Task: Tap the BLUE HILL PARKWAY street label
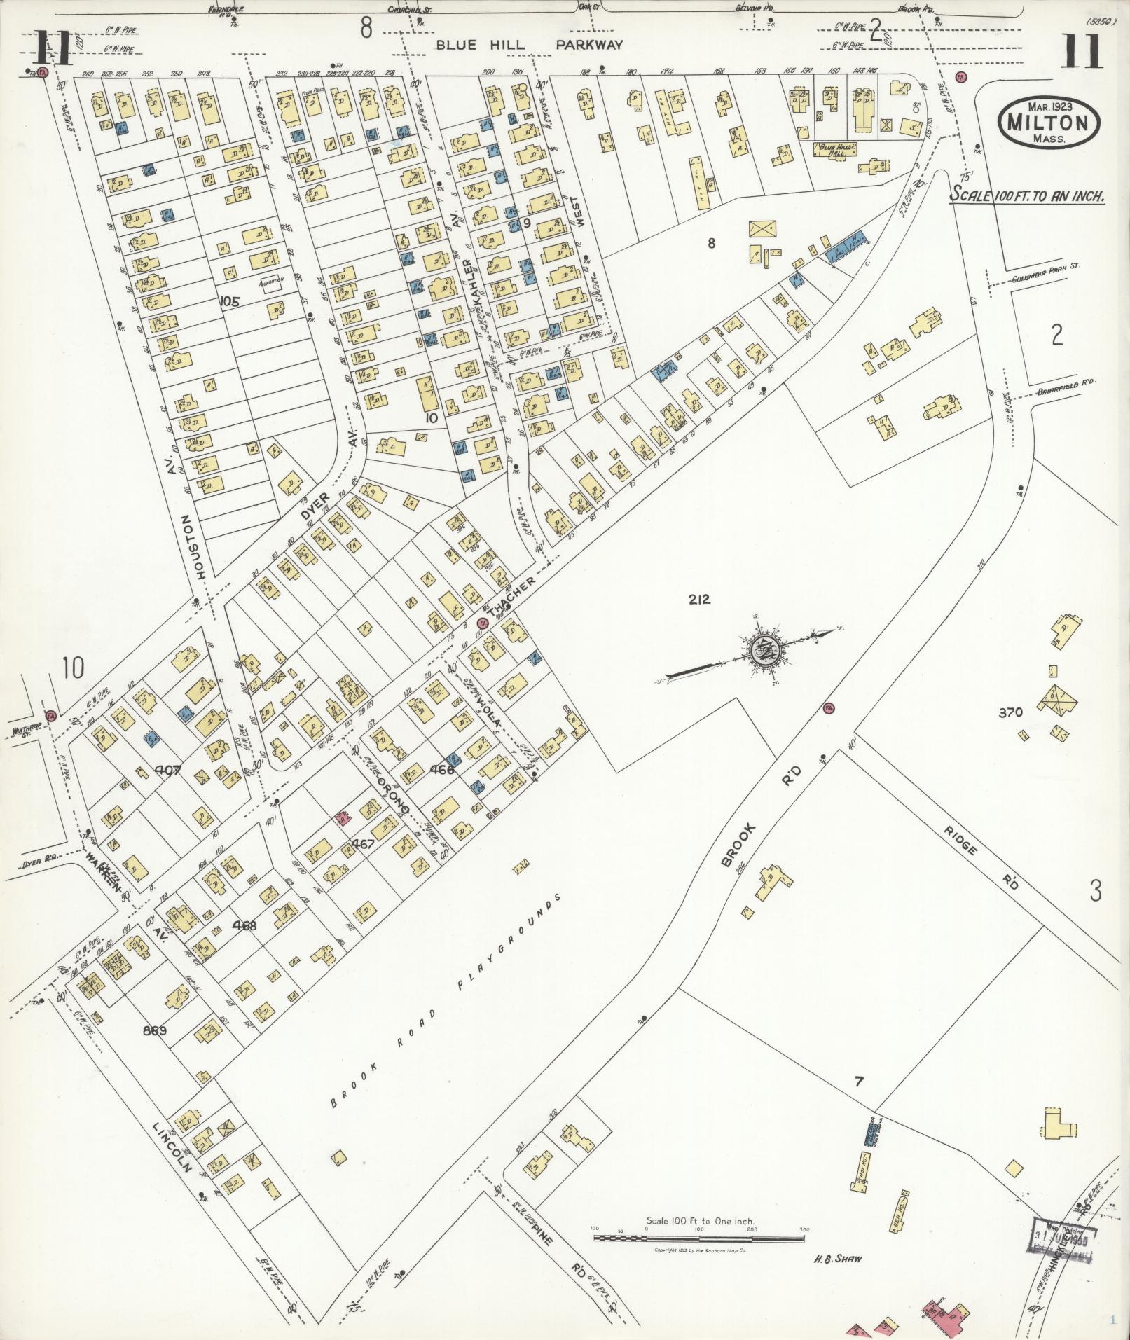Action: (x=529, y=45)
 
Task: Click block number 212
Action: (x=698, y=599)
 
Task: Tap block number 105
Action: (x=229, y=302)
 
